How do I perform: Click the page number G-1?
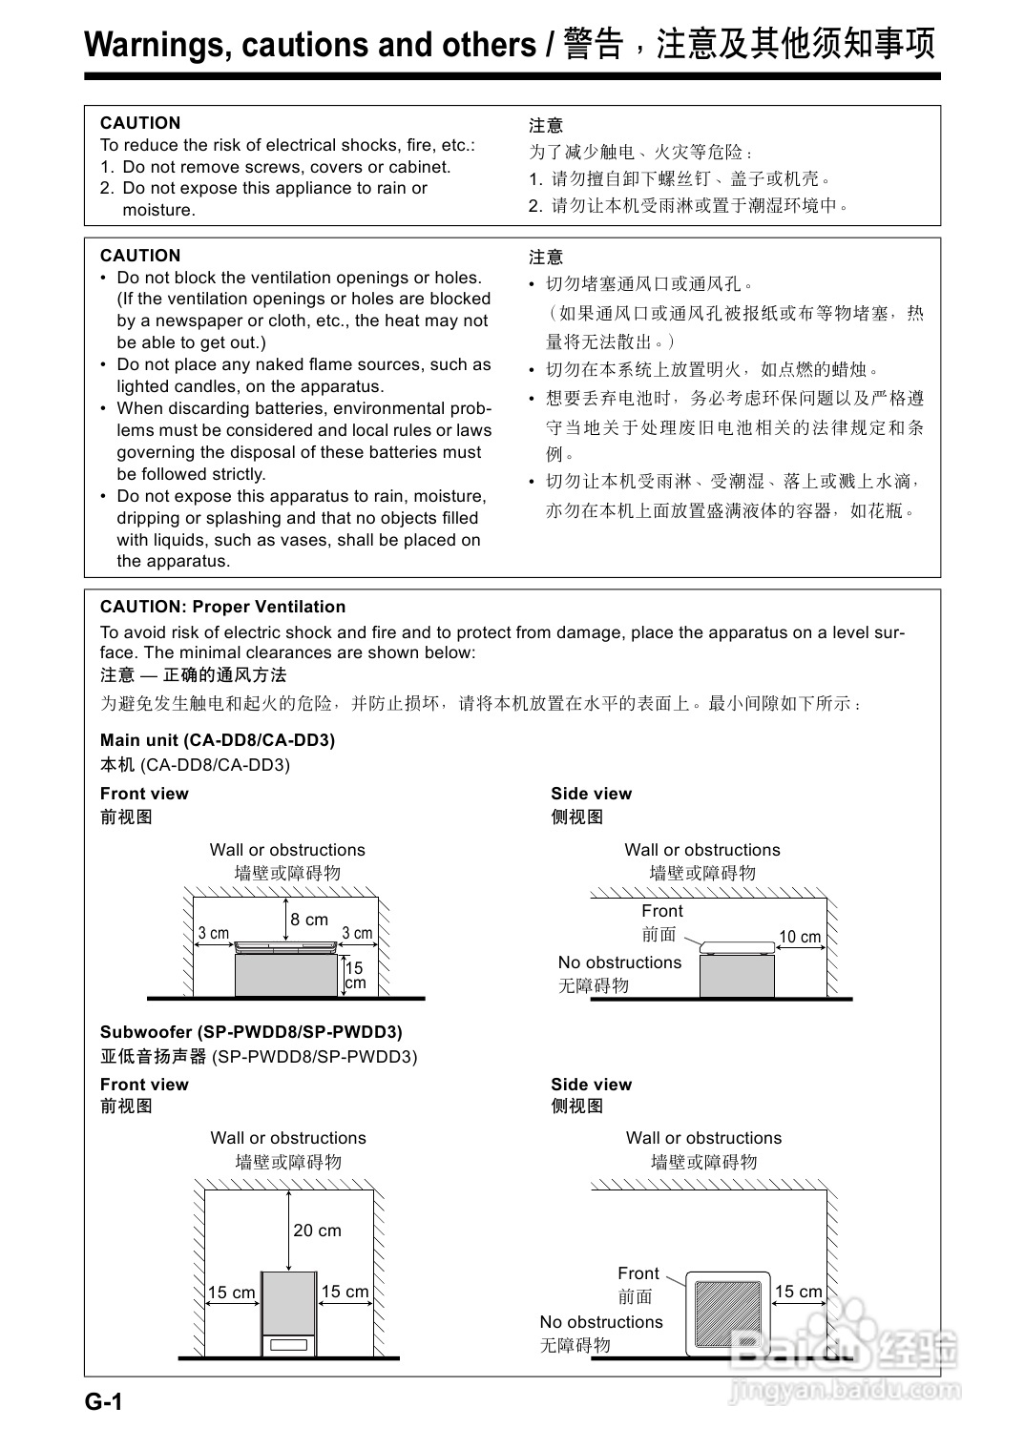pyautogui.click(x=104, y=1401)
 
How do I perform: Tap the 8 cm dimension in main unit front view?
pyautogui.click(x=309, y=920)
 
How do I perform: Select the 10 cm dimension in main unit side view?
pyautogui.click(x=800, y=937)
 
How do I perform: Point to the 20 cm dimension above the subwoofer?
pyautogui.click(x=317, y=1231)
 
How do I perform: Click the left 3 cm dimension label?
pyautogui.click(x=214, y=933)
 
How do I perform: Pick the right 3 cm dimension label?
pyautogui.click(x=357, y=933)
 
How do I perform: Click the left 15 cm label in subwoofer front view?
pyautogui.click(x=232, y=1293)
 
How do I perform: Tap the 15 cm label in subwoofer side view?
pyautogui.click(x=799, y=1292)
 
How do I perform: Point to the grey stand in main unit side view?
pyautogui.click(x=736, y=976)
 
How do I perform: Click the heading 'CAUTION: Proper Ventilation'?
pyautogui.click(x=222, y=607)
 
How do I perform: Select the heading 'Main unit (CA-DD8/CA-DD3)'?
pyautogui.click(x=218, y=740)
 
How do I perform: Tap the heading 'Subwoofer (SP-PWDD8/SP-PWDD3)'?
pyautogui.click(x=251, y=1032)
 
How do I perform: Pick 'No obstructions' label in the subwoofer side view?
pyautogui.click(x=601, y=1322)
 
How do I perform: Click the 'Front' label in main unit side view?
pyautogui.click(x=662, y=911)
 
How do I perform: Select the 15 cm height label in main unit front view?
pyautogui.click(x=355, y=975)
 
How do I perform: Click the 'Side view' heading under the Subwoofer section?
pyautogui.click(x=591, y=1085)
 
